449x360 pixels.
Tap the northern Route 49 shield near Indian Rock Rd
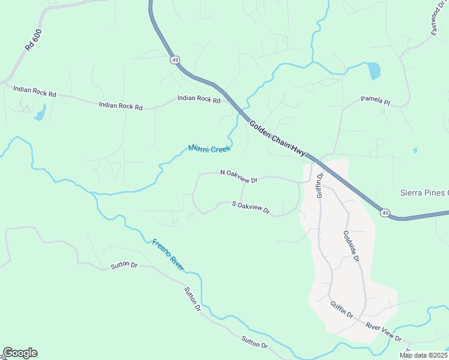point(175,60)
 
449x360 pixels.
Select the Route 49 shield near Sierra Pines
point(385,213)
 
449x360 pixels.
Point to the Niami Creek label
point(209,148)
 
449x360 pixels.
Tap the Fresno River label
point(167,255)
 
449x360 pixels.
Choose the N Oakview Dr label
point(238,176)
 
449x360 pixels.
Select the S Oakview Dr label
point(251,208)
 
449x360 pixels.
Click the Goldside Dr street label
point(351,247)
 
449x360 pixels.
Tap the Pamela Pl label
point(375,100)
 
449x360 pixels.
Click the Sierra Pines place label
point(424,193)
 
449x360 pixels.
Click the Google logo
point(20,353)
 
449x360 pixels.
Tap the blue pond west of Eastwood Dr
point(374,71)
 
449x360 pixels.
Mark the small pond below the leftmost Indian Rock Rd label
point(40,113)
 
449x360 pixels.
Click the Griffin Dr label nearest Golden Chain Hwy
point(320,185)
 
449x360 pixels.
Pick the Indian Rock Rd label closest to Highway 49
point(199,99)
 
